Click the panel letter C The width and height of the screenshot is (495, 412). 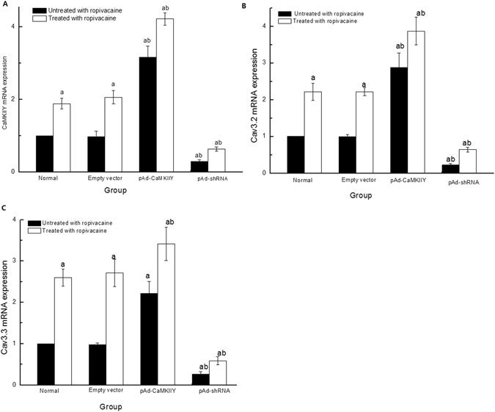click(4, 209)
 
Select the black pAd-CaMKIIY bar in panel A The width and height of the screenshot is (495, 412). click(148, 115)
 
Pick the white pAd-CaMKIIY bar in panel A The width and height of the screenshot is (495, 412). click(165, 95)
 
